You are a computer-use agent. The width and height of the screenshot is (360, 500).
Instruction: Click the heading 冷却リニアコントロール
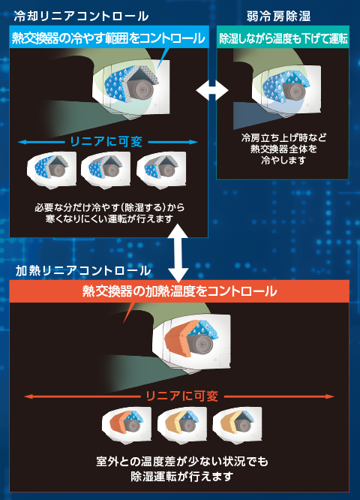pos(81,16)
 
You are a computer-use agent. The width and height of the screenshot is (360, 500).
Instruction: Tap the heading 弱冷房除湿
pos(278,16)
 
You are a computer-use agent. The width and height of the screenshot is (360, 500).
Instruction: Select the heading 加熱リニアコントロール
pos(83,271)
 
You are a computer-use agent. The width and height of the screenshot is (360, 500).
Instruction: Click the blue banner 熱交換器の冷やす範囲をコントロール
pos(109,38)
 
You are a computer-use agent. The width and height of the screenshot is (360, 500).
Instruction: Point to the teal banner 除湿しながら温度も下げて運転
pos(283,38)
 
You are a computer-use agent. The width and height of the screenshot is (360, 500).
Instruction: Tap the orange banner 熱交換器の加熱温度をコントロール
pos(179,291)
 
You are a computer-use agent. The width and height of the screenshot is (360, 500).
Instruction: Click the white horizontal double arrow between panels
pos(212,91)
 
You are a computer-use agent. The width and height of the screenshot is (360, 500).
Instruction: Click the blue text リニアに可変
pos(106,142)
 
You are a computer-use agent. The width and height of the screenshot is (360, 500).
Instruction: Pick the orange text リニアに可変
pos(182,396)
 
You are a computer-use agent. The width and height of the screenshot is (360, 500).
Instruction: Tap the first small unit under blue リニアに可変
pos(52,170)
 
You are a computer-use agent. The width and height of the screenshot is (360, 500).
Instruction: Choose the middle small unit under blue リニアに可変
pos(106,170)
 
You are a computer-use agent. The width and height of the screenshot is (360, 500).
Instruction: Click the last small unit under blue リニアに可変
pos(161,170)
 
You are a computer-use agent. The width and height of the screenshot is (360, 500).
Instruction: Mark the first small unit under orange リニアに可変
pos(127,425)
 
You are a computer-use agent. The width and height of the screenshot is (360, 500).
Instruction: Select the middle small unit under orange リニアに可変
pos(182,425)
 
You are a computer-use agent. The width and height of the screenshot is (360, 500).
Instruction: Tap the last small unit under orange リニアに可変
pos(237,425)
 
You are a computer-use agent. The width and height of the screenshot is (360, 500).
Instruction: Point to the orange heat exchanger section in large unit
pos(180,337)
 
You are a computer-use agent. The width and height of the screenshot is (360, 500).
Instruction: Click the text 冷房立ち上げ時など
pos(283,137)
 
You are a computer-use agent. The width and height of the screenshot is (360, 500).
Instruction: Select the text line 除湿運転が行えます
pos(182,477)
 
